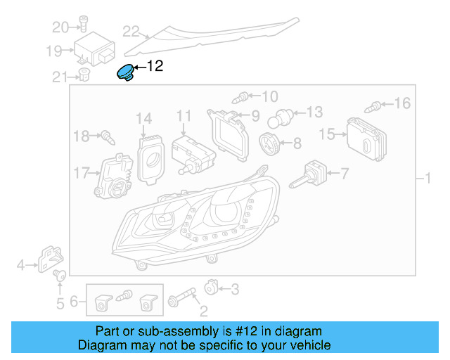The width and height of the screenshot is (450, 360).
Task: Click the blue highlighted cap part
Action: [127, 72]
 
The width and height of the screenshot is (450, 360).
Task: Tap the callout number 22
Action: [131, 31]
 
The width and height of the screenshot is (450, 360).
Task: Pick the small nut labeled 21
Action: [83, 75]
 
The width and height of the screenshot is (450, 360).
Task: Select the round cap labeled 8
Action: [269, 143]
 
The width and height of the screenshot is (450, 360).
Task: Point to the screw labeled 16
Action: [374, 107]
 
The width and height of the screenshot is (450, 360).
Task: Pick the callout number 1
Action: [426, 179]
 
